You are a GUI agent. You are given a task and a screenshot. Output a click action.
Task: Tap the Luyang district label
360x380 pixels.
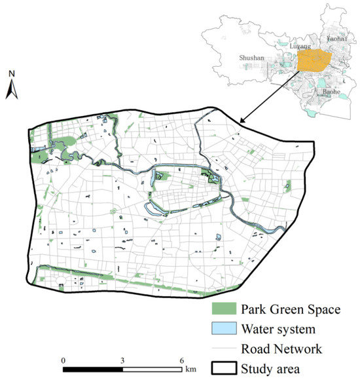pos(298,47)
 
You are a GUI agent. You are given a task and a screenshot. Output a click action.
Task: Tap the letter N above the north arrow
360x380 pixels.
pos(12,74)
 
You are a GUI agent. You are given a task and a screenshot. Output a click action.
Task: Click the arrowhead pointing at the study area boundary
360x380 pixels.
pos(242,121)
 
